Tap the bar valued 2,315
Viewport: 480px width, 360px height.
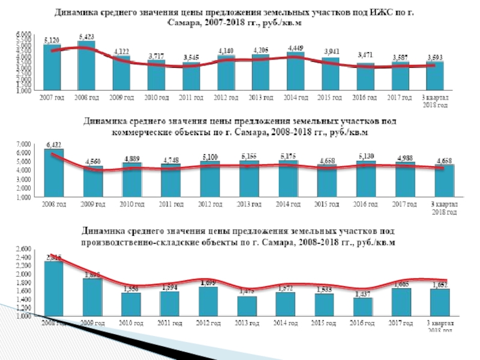point(53,288)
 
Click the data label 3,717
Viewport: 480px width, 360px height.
point(156,55)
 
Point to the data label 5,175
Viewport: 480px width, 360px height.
point(289,156)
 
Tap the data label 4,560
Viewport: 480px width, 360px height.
point(93,161)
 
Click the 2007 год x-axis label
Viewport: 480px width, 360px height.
point(52,97)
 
